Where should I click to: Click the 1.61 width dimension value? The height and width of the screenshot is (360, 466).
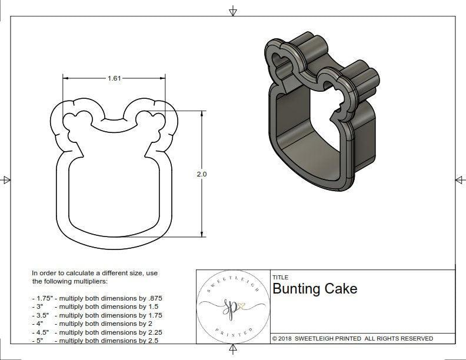115,78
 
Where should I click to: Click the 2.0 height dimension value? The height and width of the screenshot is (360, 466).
202,174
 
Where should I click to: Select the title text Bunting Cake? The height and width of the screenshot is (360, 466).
314,289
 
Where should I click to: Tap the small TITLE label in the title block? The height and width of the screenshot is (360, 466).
280,278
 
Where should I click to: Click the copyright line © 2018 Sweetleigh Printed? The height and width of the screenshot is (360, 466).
352,338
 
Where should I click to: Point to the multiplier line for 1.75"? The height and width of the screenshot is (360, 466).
96,298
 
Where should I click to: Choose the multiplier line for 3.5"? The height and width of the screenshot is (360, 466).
96,315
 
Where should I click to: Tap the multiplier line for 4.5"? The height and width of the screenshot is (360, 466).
96,332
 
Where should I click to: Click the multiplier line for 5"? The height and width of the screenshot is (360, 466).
94,340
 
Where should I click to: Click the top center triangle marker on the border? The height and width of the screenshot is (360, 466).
233,11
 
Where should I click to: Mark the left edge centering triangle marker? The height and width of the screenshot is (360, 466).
6,180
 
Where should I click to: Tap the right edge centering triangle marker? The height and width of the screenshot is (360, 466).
460,180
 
